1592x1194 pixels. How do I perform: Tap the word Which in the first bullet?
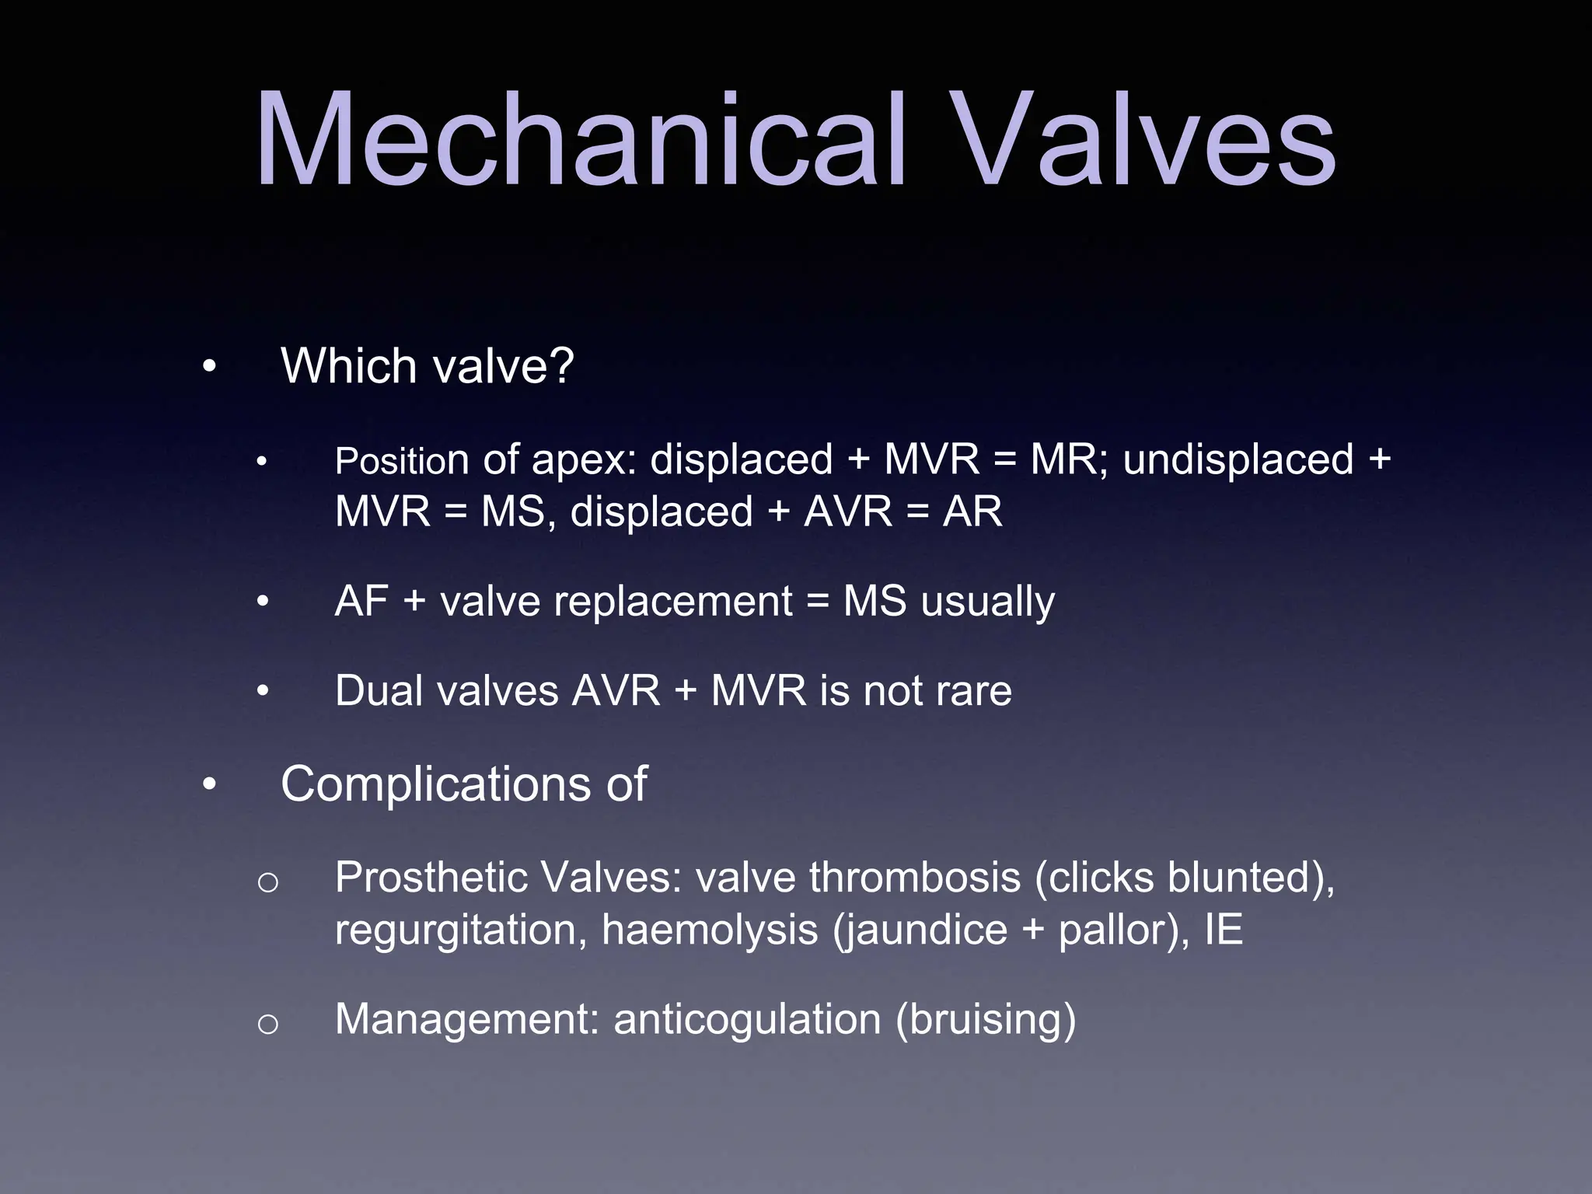[350, 365]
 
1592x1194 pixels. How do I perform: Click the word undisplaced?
[1238, 459]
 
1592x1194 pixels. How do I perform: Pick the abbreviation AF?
[361, 601]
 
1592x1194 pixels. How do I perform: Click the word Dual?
[380, 690]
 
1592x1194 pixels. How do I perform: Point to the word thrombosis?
[914, 878]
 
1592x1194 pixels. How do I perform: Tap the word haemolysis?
[710, 930]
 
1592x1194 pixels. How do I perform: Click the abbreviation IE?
[1224, 929]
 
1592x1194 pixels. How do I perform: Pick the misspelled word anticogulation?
[747, 1020]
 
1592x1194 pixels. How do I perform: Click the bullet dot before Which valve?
[208, 367]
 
